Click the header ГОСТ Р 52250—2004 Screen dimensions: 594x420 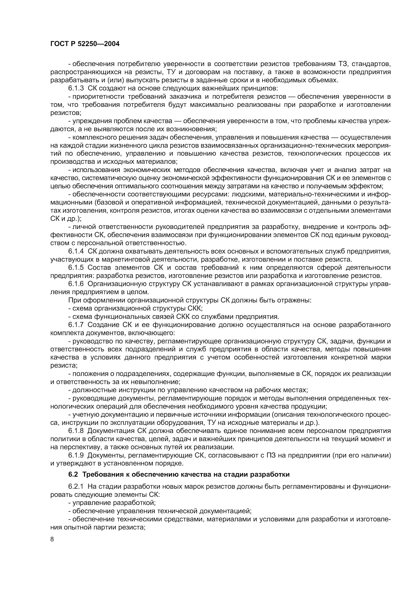[85, 44]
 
